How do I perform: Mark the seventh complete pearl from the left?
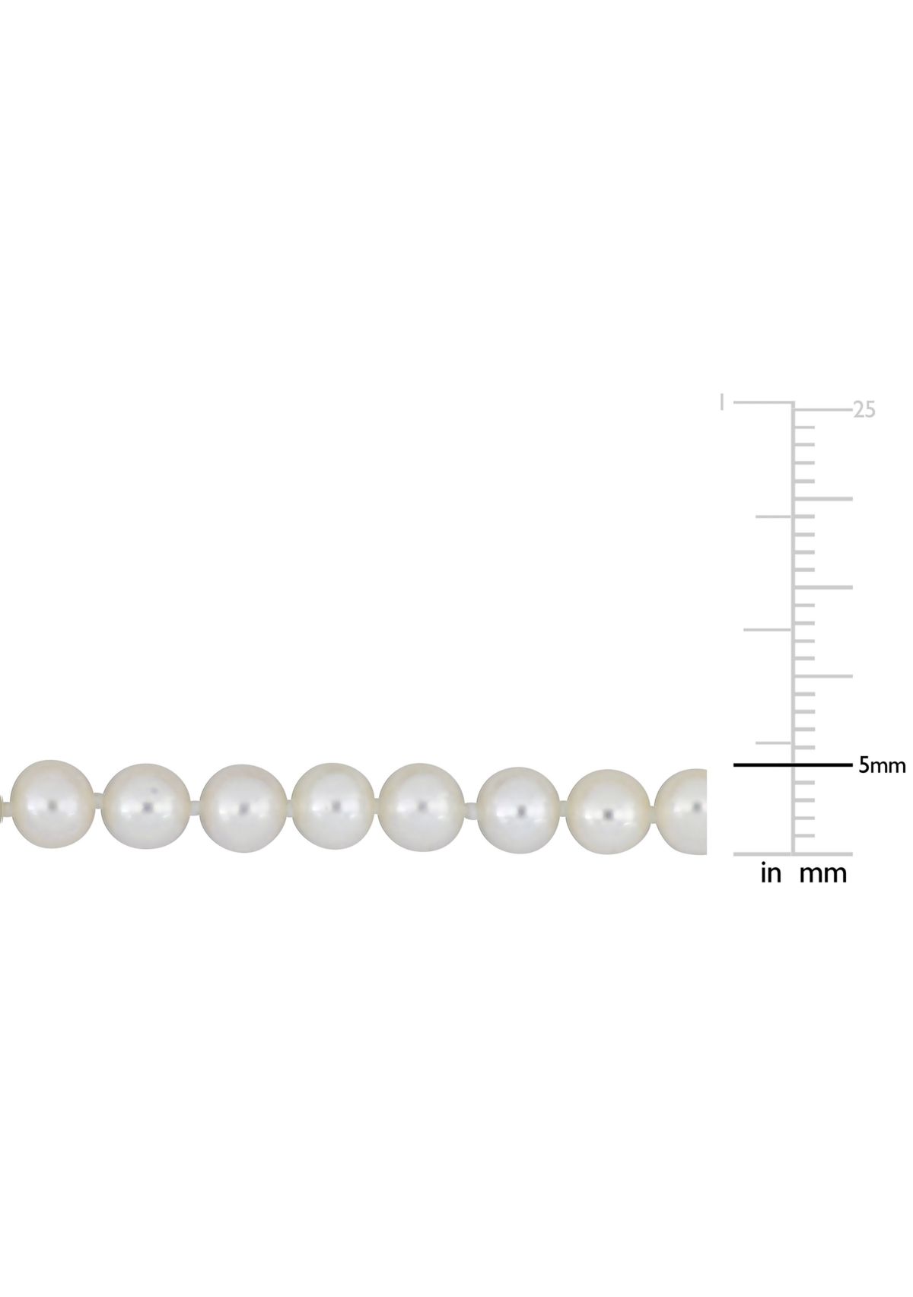[x=610, y=809]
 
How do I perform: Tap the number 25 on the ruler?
[x=864, y=409]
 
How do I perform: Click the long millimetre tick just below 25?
[x=822, y=498]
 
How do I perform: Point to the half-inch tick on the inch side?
[x=768, y=629]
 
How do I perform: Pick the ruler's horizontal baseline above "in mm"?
[x=791, y=854]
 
